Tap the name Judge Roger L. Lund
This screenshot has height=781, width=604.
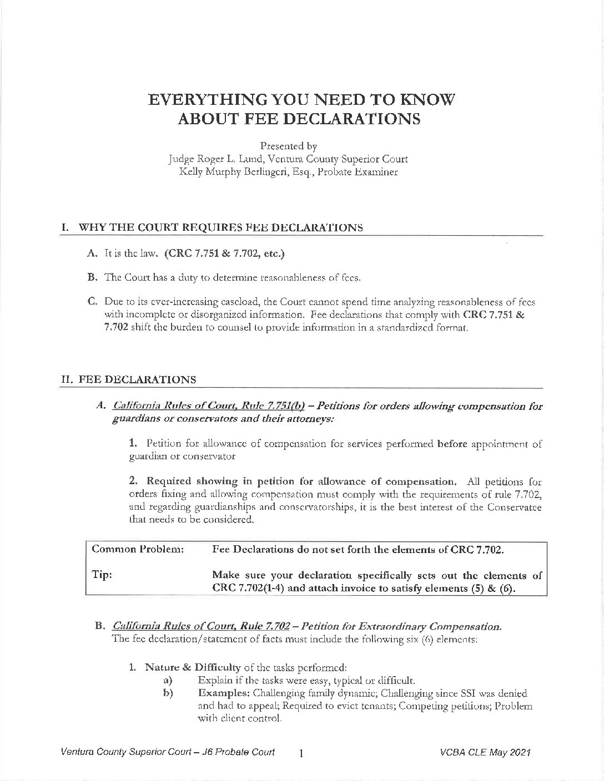point(208,159)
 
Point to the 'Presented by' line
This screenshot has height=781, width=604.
point(289,146)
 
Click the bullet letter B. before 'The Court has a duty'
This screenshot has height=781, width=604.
point(92,277)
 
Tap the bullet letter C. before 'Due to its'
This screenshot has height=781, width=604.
point(93,301)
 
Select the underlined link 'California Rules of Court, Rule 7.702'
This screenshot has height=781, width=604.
point(201,627)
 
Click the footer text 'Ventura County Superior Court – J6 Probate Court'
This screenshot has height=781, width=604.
point(168,753)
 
